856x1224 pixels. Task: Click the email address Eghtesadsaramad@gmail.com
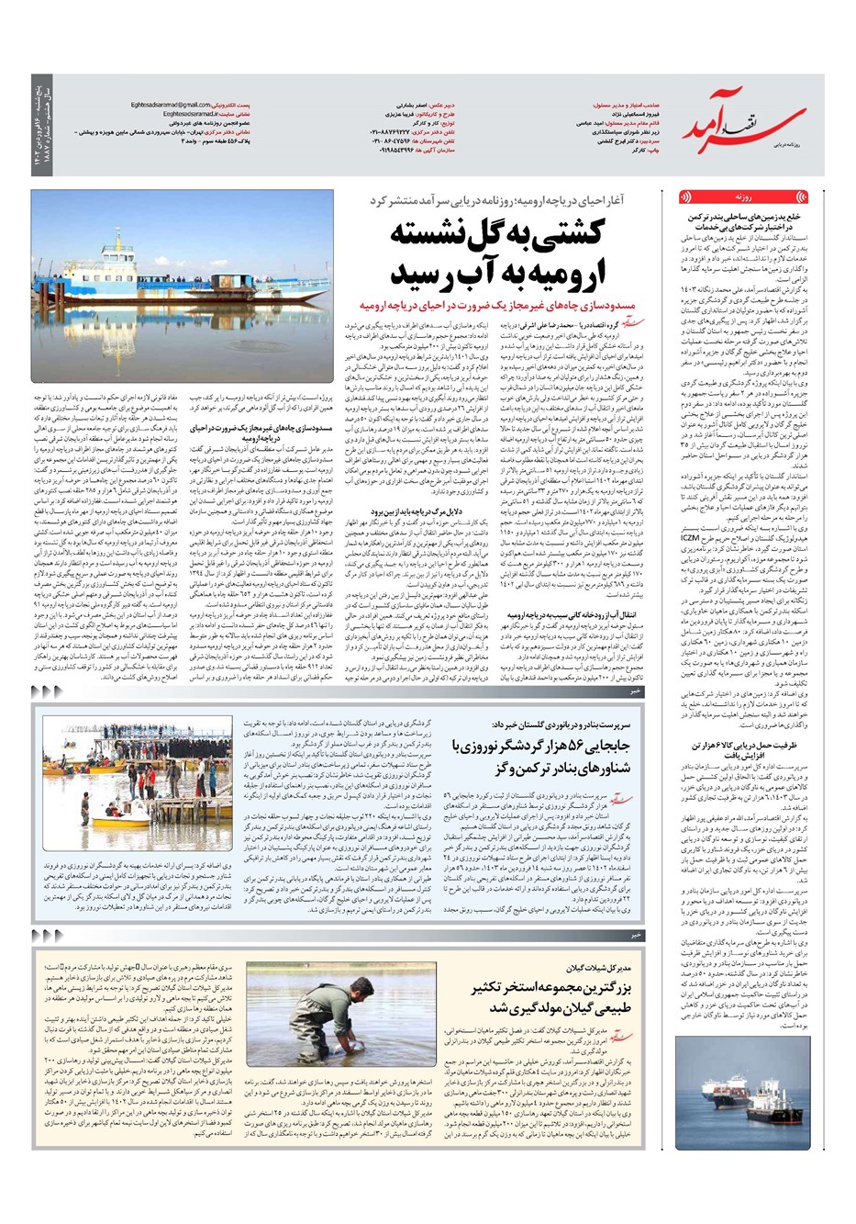click(x=172, y=105)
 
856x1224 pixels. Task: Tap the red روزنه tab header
click(x=743, y=197)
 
